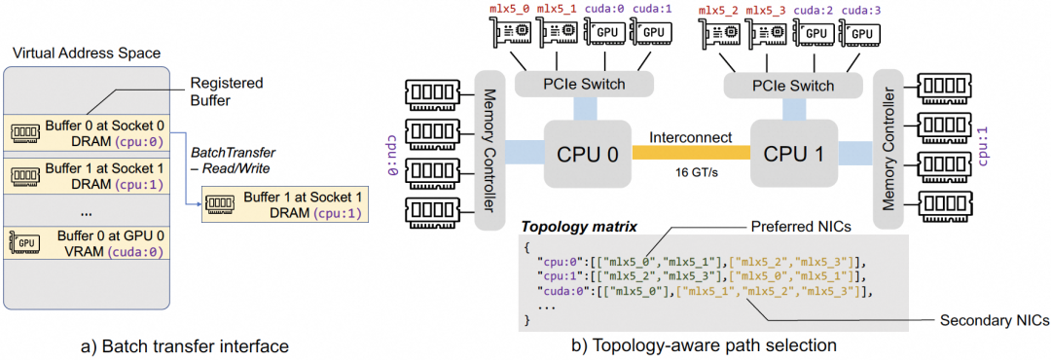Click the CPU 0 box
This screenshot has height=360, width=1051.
coord(587,154)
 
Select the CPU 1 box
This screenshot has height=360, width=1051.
coord(793,154)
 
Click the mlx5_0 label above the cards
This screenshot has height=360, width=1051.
coord(509,10)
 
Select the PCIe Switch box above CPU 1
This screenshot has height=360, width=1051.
coord(794,86)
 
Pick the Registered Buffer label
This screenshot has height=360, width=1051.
coord(227,92)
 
